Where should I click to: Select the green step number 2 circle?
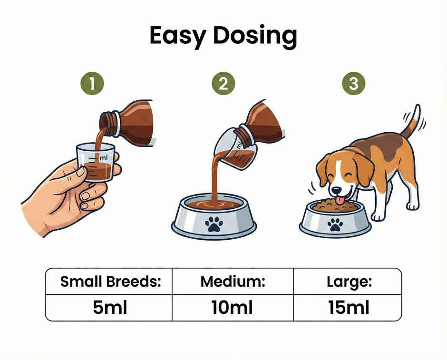[x=223, y=84]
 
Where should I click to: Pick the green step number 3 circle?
[x=353, y=84]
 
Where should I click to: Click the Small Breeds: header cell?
[x=109, y=282]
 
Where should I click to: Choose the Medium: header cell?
[x=233, y=282]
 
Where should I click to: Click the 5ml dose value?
[x=110, y=308]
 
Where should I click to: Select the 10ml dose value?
[x=233, y=308]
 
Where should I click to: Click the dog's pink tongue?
[x=340, y=199]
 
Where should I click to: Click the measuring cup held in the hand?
[x=96, y=162]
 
